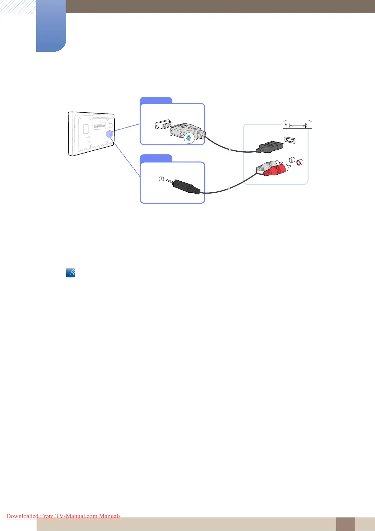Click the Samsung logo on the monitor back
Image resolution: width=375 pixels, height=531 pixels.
(99, 126)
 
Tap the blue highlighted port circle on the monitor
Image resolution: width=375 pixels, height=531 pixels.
(109, 134)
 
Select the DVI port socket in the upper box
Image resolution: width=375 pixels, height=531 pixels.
(163, 125)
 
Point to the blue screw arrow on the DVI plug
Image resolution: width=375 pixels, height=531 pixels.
(188, 137)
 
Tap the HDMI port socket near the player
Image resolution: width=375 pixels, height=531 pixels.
(290, 140)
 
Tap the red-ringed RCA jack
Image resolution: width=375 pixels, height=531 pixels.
(299, 163)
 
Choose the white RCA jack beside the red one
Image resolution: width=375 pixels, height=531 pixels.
(292, 160)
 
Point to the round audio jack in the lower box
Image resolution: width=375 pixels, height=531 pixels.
(161, 179)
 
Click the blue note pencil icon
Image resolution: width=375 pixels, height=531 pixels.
(71, 272)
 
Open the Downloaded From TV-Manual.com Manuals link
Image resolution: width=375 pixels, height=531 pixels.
(63, 516)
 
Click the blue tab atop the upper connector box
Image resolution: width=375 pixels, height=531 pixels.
(156, 100)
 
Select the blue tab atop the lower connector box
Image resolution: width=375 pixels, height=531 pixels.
(156, 158)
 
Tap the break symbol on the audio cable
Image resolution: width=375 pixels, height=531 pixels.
(228, 189)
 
